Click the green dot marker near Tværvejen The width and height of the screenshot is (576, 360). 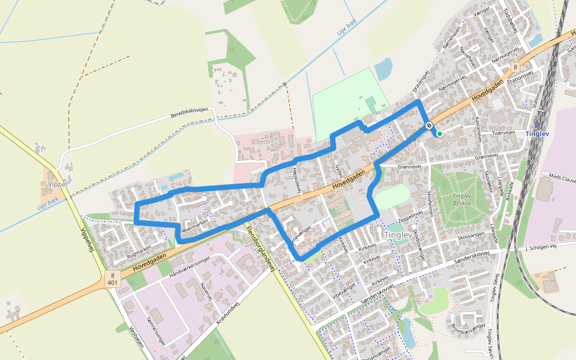439,133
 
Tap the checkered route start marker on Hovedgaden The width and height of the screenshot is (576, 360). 429,125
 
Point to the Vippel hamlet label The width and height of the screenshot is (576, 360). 58,184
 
